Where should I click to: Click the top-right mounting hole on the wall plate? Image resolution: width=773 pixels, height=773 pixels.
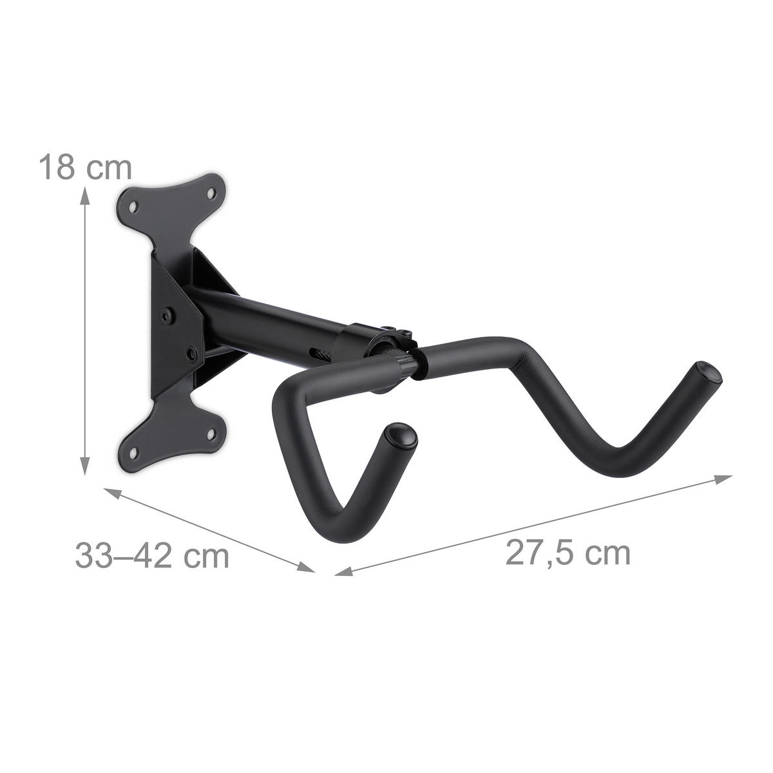pyautogui.click(x=211, y=191)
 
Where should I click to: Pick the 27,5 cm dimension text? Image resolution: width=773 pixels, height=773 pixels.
pyautogui.click(x=567, y=553)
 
